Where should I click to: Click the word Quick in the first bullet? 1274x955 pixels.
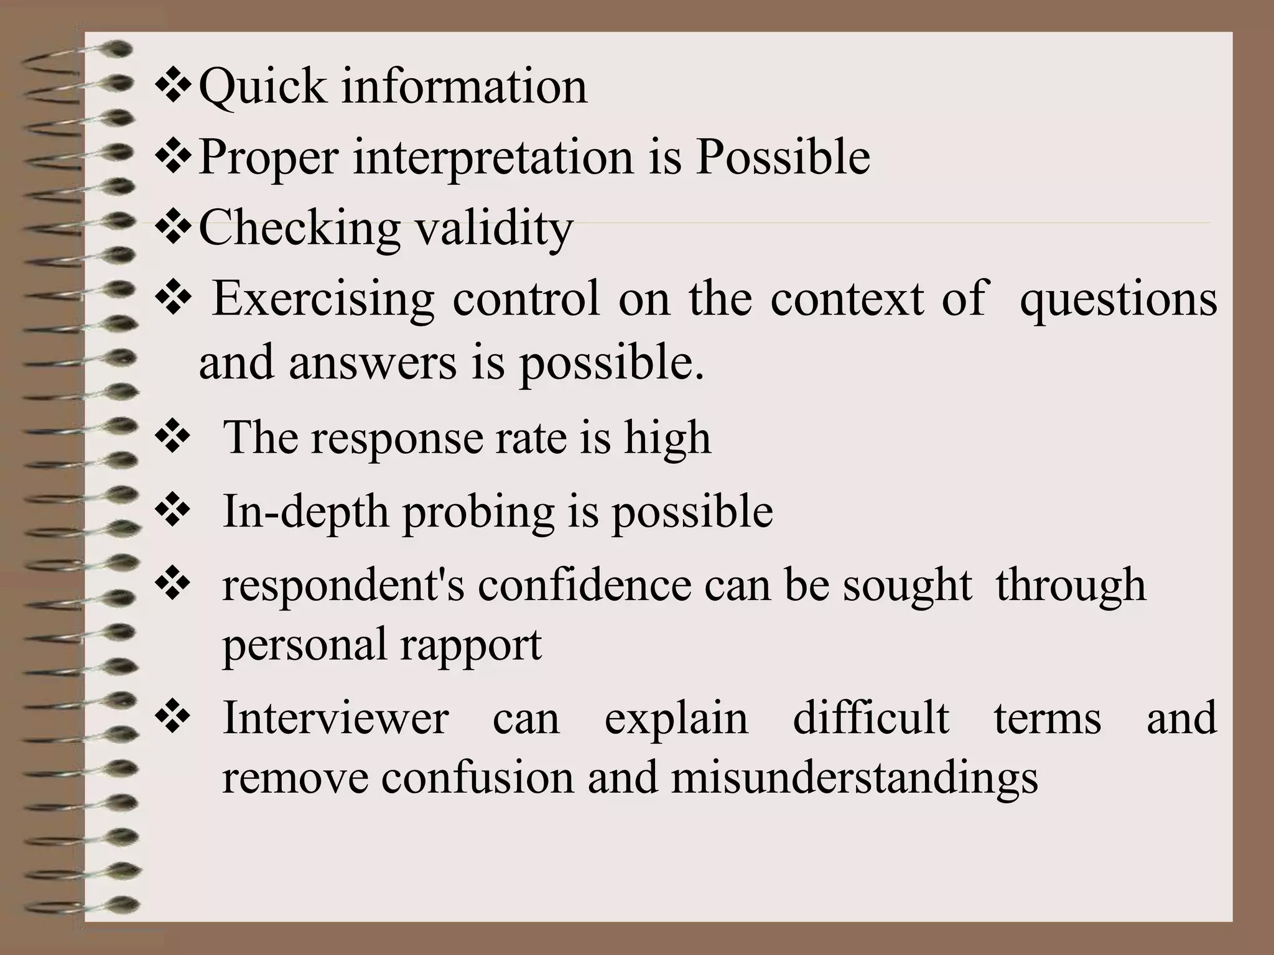[262, 87]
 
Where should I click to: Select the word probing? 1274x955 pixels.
[478, 512]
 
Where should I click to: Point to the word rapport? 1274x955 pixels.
[471, 645]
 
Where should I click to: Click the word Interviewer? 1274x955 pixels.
[335, 718]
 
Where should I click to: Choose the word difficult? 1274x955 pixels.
[871, 718]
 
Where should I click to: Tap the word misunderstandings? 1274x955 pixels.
[855, 778]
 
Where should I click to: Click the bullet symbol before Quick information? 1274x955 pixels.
[174, 88]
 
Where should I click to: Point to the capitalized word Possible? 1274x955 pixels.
[783, 157]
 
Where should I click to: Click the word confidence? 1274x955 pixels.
[584, 586]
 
